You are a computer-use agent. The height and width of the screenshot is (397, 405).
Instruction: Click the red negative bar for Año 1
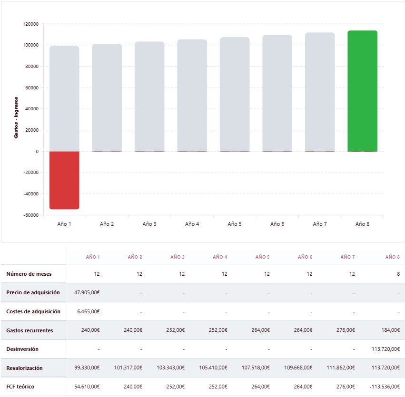coord(64,180)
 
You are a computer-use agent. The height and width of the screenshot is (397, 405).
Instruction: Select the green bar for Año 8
coord(362,91)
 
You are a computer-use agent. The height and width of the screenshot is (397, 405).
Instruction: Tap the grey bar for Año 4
coord(192,95)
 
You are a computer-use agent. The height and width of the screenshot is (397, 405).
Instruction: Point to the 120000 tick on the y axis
coord(30,24)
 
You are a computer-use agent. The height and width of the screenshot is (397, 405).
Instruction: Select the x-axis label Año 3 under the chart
coord(149,224)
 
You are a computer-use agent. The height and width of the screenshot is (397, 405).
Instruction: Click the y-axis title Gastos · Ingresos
coord(16,117)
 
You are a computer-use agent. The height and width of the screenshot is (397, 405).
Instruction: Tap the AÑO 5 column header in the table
coord(262,257)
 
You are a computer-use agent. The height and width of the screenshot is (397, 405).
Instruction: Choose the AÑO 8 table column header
coord(392,257)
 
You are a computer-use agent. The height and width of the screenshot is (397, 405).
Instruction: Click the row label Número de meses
coord(29,274)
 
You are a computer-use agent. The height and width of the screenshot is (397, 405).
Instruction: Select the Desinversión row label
coord(22,349)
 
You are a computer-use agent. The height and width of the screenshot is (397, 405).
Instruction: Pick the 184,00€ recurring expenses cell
coord(389,330)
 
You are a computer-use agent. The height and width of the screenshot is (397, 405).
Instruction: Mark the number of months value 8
coord(398,274)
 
